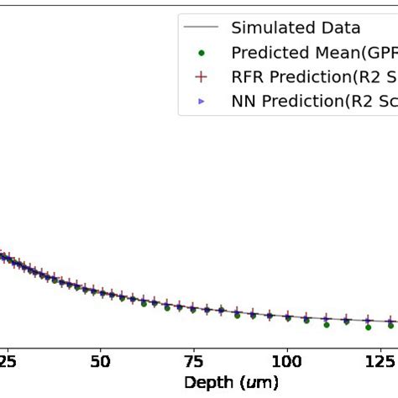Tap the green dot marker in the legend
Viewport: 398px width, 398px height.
click(202, 53)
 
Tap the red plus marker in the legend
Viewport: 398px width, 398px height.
click(202, 77)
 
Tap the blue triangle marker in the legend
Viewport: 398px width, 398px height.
click(202, 102)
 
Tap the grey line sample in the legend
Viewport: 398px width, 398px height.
click(202, 28)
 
